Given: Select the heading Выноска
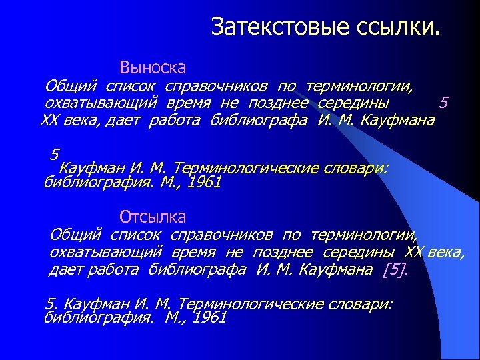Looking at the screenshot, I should coord(153,67).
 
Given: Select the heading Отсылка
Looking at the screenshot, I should coord(153,217).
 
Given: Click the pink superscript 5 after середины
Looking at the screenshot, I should coord(444,102).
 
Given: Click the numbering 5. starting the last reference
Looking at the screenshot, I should coord(51,304).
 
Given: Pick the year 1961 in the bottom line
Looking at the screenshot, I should coord(209,318).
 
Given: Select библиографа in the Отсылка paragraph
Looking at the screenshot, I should coord(199,269).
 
